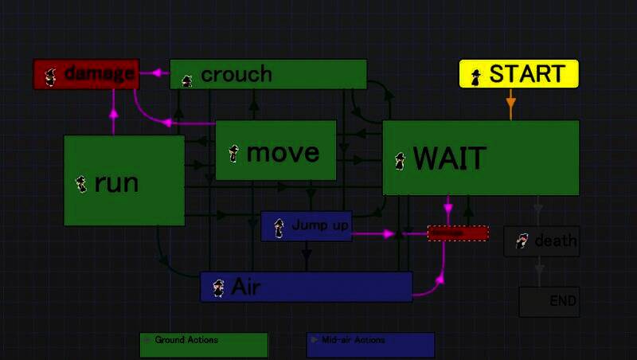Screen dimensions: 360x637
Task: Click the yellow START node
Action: click(519, 74)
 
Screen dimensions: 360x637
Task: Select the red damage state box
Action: click(86, 74)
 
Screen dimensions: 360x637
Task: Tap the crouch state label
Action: click(236, 75)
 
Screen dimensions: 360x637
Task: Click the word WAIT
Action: click(449, 159)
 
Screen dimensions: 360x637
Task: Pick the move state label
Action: click(283, 152)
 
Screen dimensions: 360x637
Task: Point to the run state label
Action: click(116, 183)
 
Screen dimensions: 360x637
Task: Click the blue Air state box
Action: click(306, 287)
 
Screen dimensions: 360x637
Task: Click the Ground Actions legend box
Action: click(204, 345)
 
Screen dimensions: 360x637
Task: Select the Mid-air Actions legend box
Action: click(370, 345)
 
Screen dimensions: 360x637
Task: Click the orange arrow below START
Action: click(510, 103)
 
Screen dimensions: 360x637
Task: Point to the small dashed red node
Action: click(458, 233)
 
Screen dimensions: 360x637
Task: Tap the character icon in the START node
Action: click(476, 76)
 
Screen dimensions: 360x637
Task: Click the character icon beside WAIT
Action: click(400, 161)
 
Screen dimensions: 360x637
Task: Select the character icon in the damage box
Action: click(50, 76)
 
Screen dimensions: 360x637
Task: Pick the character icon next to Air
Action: click(218, 288)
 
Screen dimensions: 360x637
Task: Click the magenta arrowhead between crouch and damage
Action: click(156, 73)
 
